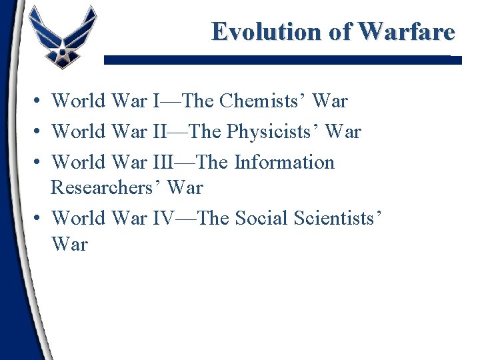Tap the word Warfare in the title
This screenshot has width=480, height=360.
(x=407, y=31)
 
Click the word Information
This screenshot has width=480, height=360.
(x=284, y=162)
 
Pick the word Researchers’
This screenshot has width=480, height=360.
(x=106, y=188)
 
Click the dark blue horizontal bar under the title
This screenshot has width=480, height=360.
(x=280, y=59)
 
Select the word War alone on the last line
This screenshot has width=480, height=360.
(x=69, y=244)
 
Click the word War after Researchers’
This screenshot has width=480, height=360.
(x=185, y=188)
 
